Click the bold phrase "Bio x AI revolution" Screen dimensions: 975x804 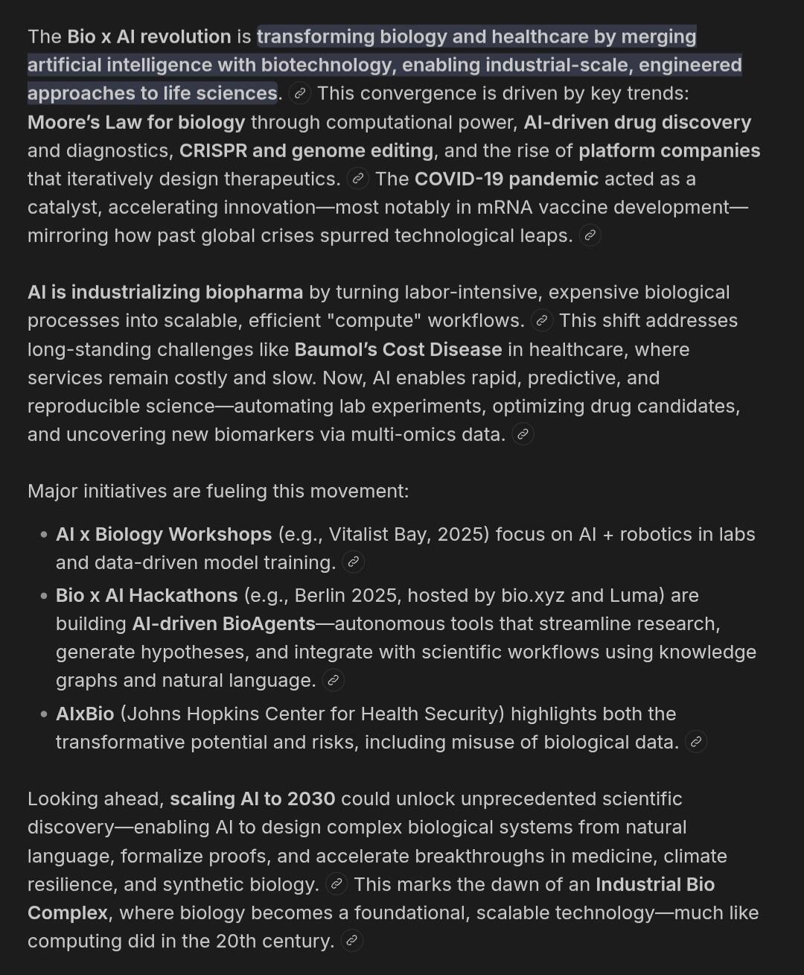[x=149, y=36]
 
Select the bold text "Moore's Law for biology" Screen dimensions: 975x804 [x=136, y=122]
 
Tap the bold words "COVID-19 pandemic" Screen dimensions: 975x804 [x=506, y=179]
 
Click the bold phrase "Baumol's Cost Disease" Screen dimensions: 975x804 [x=398, y=349]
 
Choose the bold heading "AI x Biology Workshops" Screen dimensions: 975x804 [x=164, y=534]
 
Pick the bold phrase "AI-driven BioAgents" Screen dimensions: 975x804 [x=223, y=623]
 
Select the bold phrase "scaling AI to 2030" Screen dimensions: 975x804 [x=252, y=798]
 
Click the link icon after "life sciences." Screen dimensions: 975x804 [x=300, y=94]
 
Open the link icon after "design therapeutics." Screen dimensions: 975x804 [x=358, y=179]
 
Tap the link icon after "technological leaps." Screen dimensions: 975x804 [x=590, y=236]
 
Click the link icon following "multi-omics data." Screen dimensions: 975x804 [x=523, y=434]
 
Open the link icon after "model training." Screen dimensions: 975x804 [x=354, y=562]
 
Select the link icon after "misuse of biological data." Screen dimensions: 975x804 [x=696, y=742]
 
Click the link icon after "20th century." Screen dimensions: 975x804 [x=352, y=941]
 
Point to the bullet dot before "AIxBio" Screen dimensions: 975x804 [x=44, y=714]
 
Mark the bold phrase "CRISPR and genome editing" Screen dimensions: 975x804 [x=306, y=150]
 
